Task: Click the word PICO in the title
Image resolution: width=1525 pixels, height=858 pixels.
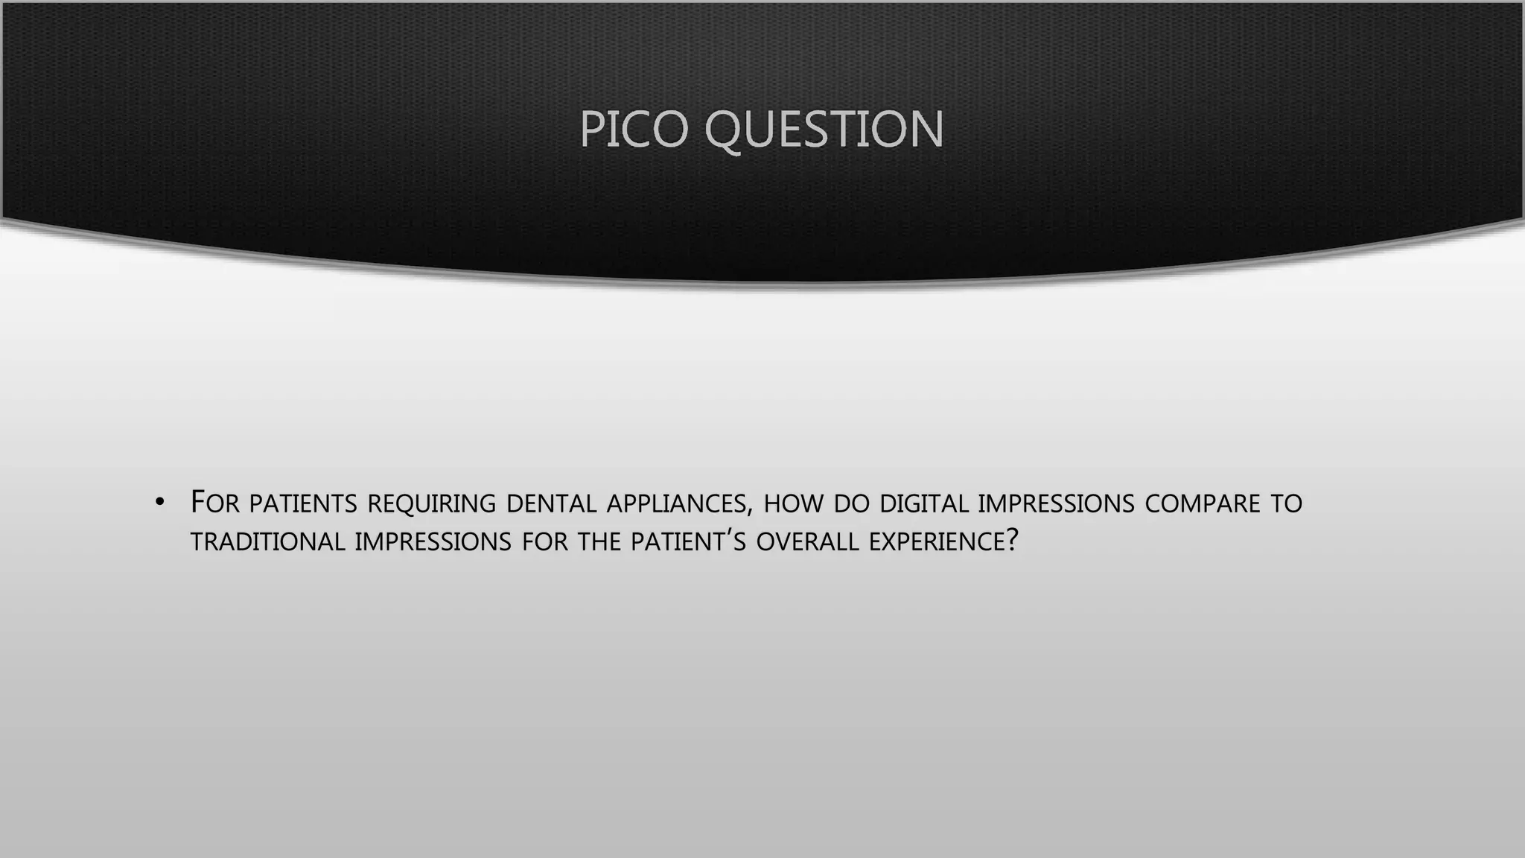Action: tap(633, 129)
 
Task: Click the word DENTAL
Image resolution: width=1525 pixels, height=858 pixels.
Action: tap(551, 504)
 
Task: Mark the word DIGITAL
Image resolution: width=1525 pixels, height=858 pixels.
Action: tap(923, 504)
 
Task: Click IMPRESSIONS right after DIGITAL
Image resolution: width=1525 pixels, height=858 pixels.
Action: tap(1056, 504)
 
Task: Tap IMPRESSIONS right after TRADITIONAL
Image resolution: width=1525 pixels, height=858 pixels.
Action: tap(433, 542)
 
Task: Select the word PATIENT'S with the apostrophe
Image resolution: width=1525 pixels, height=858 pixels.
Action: tap(688, 542)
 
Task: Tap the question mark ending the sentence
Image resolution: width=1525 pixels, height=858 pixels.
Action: tap(1011, 541)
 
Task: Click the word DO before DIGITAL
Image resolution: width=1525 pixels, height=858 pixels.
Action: tap(852, 504)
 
